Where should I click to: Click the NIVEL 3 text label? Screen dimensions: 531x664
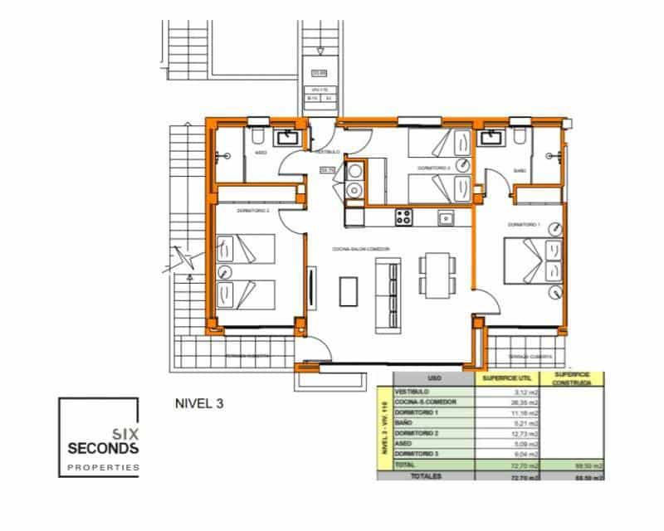[x=199, y=405]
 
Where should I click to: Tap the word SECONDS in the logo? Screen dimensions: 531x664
[x=103, y=448]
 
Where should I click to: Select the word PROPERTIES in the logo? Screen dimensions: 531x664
[x=103, y=469]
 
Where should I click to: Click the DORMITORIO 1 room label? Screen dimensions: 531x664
[x=524, y=225]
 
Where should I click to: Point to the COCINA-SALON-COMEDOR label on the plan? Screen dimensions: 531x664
[x=362, y=248]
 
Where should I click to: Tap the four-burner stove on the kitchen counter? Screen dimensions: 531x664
[x=405, y=218]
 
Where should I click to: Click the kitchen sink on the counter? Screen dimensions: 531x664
[x=446, y=218]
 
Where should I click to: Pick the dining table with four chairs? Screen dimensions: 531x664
[x=437, y=275]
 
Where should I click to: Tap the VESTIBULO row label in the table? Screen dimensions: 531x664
[x=412, y=392]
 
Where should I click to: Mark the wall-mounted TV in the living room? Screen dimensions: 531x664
[x=311, y=287]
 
